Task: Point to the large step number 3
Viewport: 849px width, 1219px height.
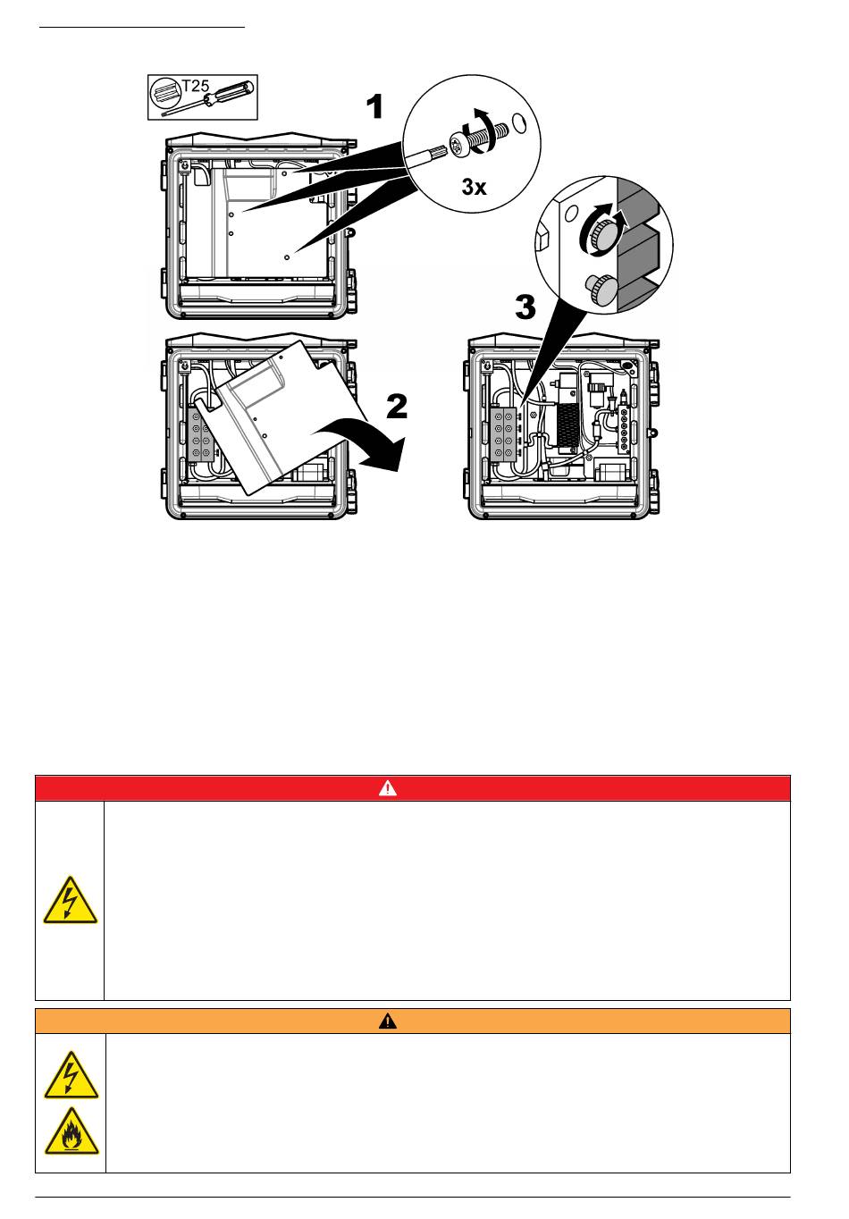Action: click(526, 310)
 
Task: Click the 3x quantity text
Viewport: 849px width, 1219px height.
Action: click(473, 188)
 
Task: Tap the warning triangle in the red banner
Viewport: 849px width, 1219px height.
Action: click(388, 788)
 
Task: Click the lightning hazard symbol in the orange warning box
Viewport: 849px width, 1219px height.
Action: click(70, 1075)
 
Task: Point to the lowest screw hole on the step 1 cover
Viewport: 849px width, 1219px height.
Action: click(286, 256)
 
